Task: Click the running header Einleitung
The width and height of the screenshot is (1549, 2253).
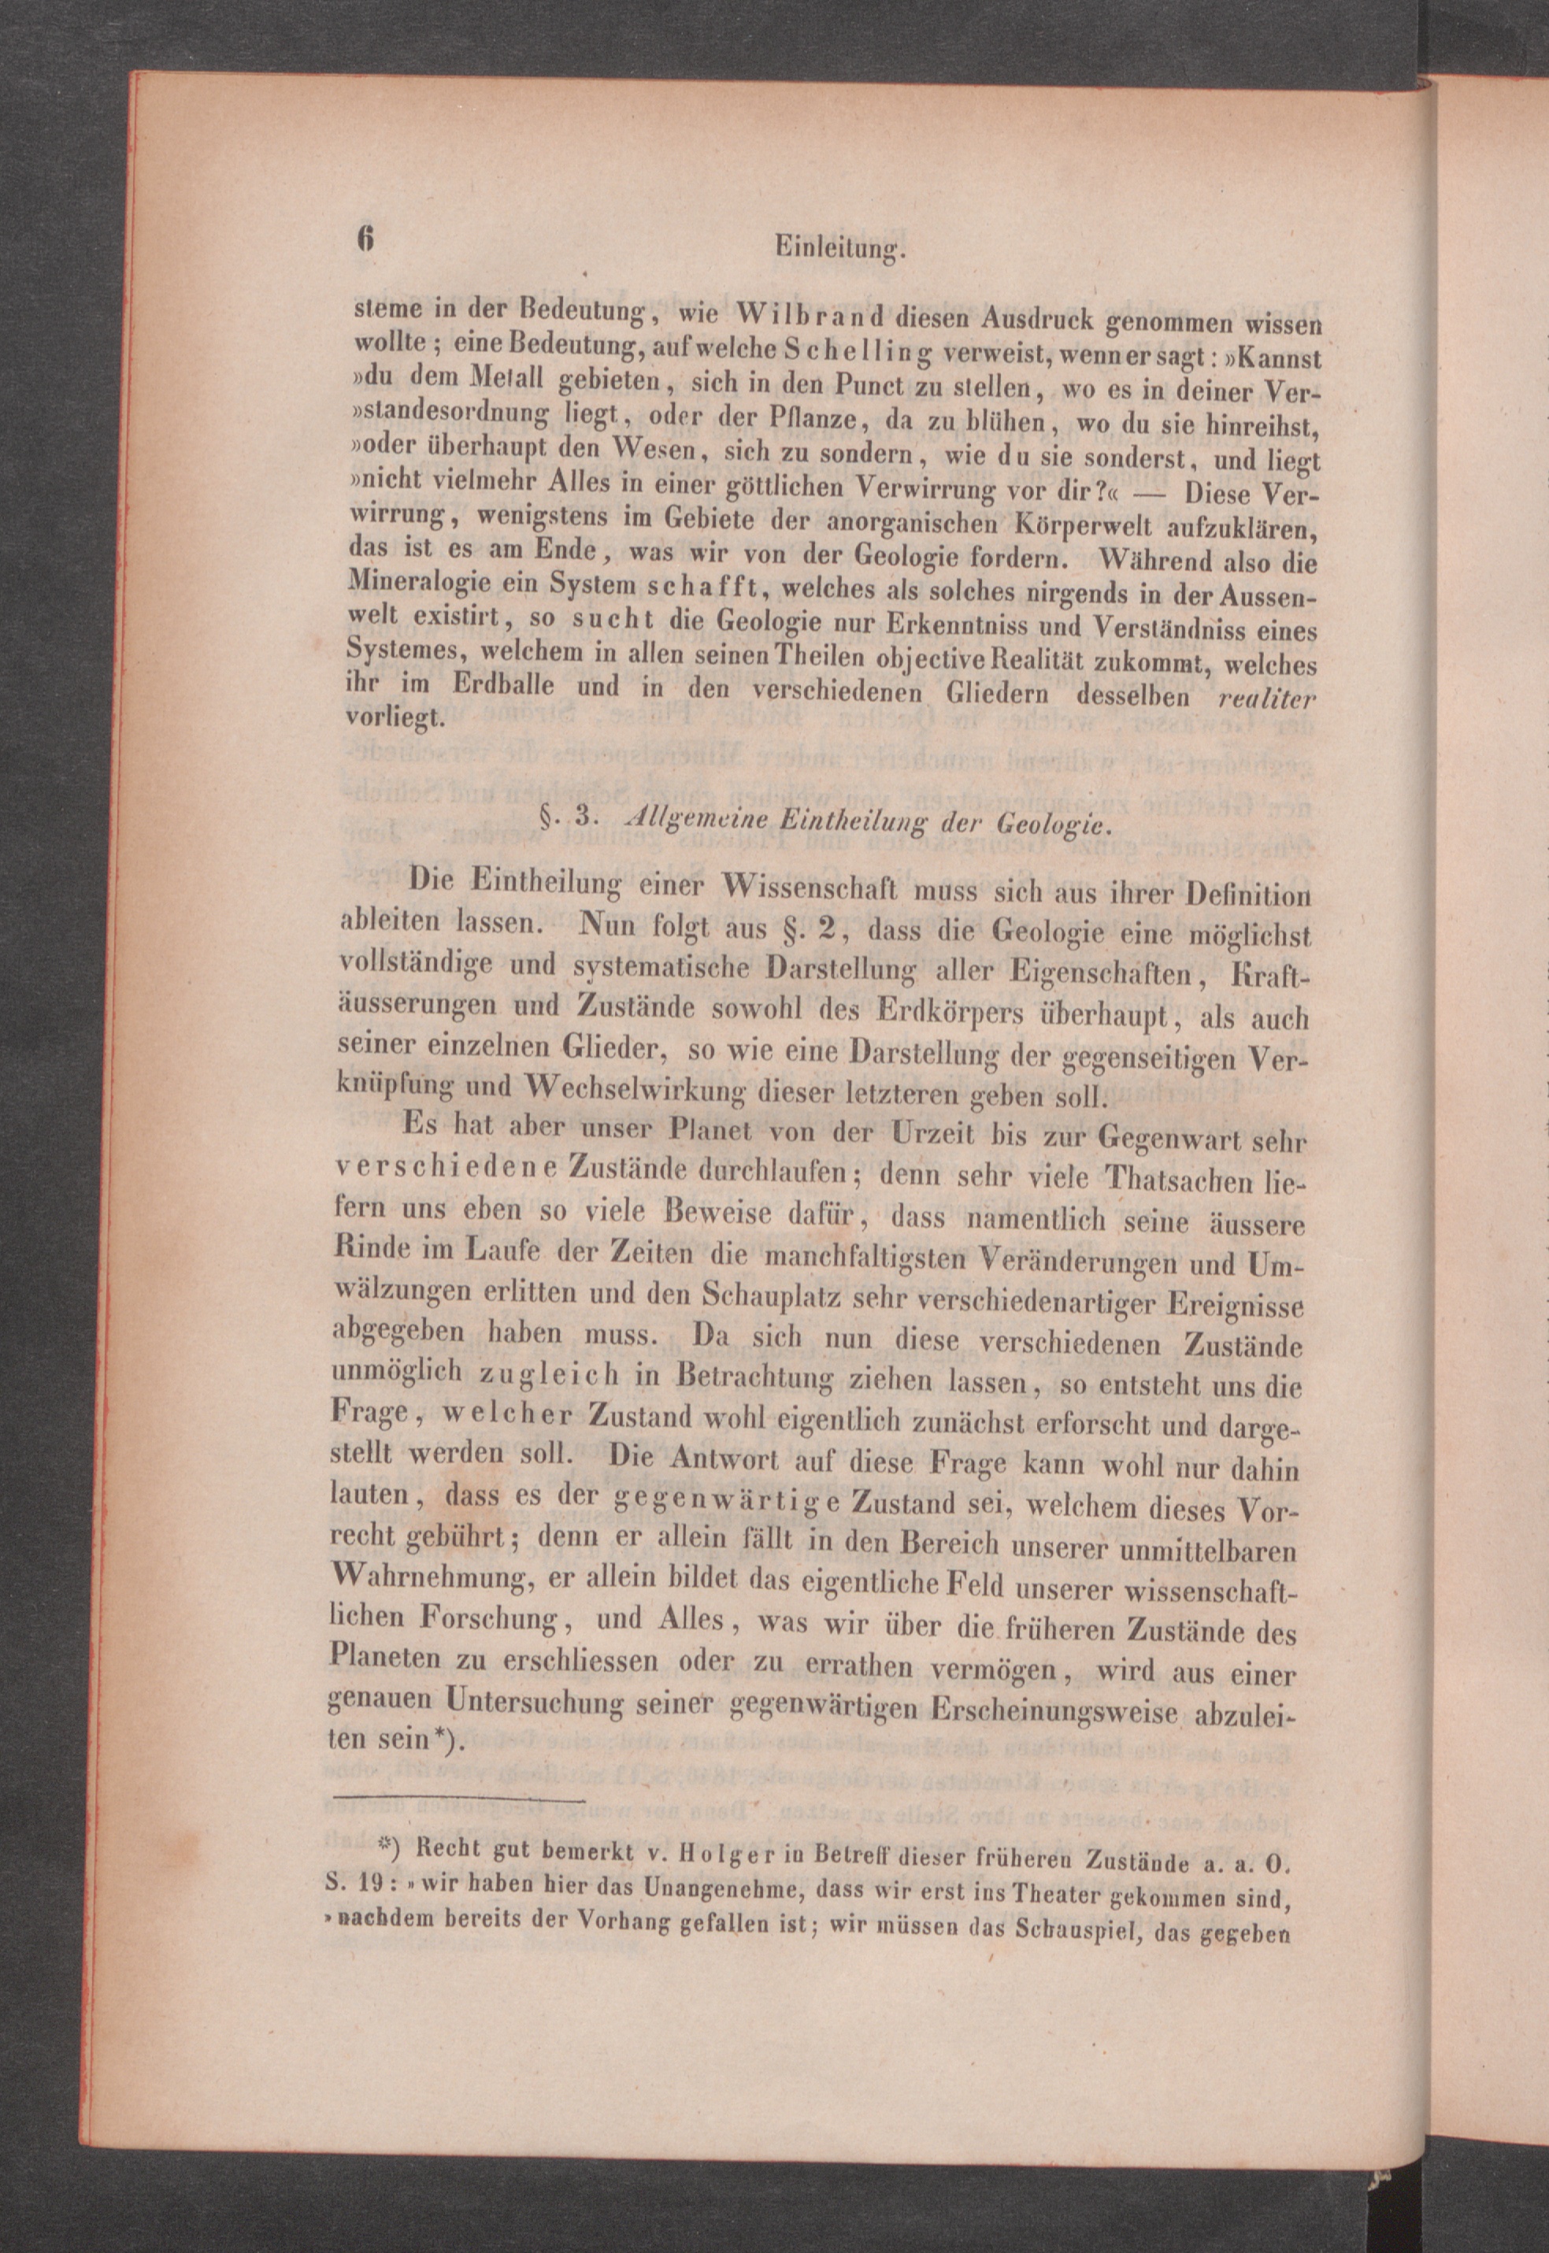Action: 839,250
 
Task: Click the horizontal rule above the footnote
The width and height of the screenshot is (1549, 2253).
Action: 457,1800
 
